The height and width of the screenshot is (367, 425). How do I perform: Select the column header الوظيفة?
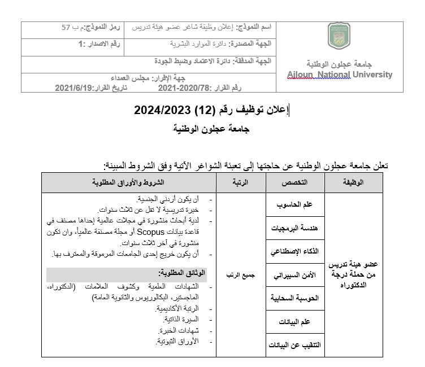(x=353, y=182)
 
